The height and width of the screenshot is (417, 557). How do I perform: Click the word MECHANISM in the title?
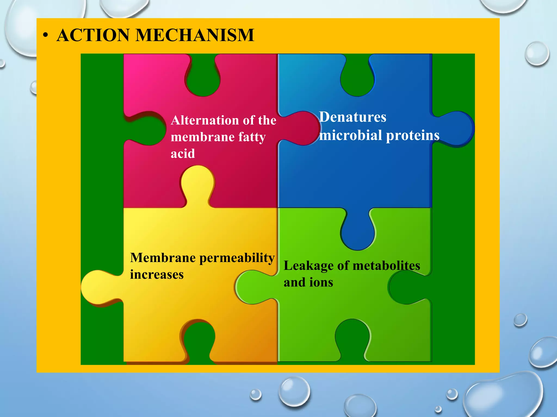[194, 35]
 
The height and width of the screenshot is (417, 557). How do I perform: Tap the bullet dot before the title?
[45, 36]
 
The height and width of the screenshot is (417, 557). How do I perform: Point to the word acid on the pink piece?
[183, 154]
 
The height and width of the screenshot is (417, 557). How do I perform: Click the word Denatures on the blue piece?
[352, 117]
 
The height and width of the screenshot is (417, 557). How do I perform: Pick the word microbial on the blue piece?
[351, 135]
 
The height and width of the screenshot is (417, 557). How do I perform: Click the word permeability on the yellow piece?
[237, 258]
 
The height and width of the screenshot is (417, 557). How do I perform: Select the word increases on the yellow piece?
[157, 274]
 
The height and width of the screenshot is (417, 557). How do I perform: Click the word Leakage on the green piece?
[308, 266]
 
